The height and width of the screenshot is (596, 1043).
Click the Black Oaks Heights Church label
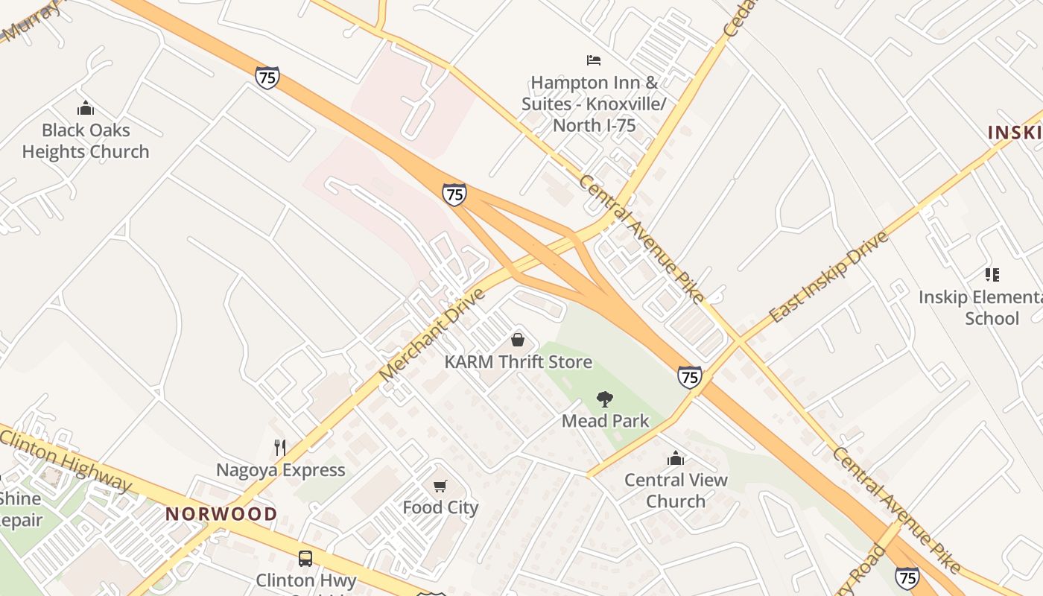pos(86,141)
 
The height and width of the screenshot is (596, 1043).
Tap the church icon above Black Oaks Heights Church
pos(86,109)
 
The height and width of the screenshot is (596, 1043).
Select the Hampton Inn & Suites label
pos(594,104)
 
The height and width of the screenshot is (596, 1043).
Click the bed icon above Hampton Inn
pos(594,60)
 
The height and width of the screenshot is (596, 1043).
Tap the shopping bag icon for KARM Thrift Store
pos(518,340)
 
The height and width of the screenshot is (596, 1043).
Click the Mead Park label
pos(605,421)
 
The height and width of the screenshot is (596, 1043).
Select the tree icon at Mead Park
pos(605,399)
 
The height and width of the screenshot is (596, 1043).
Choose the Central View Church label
pos(676,490)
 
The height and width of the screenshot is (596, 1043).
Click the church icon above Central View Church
pos(676,458)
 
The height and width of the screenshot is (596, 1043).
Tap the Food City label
pos(440,507)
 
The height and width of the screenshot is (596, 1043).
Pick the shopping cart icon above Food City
pos(440,486)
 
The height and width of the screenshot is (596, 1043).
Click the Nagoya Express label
pos(281,470)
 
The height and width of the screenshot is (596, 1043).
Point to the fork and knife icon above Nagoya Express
pos(280,448)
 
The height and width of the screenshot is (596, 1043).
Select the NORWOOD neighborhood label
pos(221,513)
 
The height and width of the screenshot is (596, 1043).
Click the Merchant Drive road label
pos(432,335)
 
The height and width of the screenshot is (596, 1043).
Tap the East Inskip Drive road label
pos(829,276)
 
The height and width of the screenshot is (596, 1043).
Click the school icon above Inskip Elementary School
pos(992,275)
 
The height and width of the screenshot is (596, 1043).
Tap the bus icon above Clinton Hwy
pos(305,558)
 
